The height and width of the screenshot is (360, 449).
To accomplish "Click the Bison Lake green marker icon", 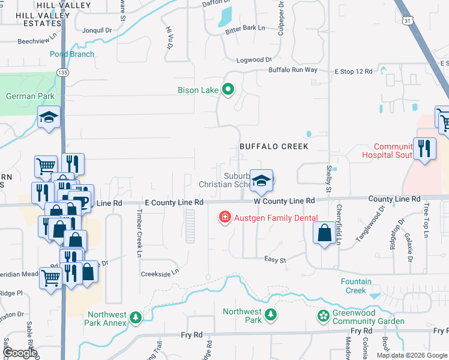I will (x=228, y=91).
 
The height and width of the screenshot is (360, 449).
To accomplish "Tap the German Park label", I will (x=30, y=96).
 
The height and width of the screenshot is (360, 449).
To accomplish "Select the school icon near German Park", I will (x=49, y=118).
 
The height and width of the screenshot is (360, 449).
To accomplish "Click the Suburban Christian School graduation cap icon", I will (x=262, y=181).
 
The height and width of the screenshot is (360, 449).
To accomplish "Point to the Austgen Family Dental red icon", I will (x=225, y=216).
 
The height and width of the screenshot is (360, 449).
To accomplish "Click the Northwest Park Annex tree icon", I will (x=136, y=317).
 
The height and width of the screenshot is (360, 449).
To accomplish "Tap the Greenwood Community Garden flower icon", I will (x=323, y=316).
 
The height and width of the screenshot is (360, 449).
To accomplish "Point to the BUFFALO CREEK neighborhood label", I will (x=274, y=146).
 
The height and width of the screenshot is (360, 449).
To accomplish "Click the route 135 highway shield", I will (x=62, y=72).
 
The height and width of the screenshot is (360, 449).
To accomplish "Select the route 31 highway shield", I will (x=408, y=20).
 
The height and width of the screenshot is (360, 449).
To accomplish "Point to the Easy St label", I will (x=276, y=259).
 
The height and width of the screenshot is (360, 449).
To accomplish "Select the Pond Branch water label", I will (x=71, y=54).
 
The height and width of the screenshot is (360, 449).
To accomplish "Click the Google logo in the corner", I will (x=19, y=353).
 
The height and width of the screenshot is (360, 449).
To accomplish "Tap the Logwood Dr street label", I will (x=255, y=60).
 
